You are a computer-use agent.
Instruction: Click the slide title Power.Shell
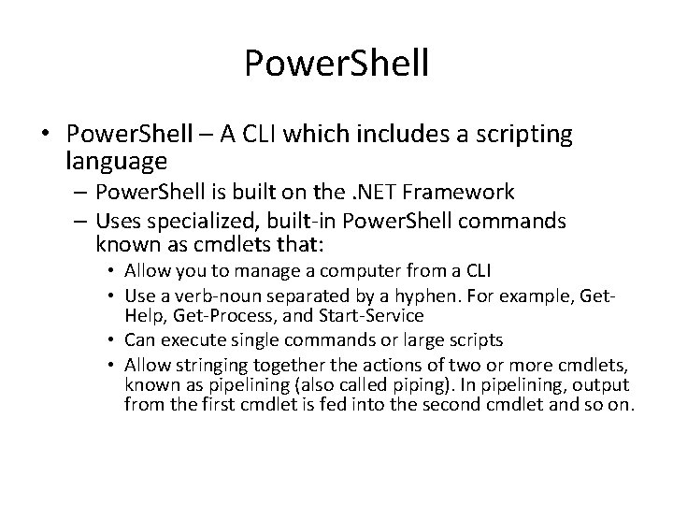(336, 63)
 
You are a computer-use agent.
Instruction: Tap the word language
(117, 161)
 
